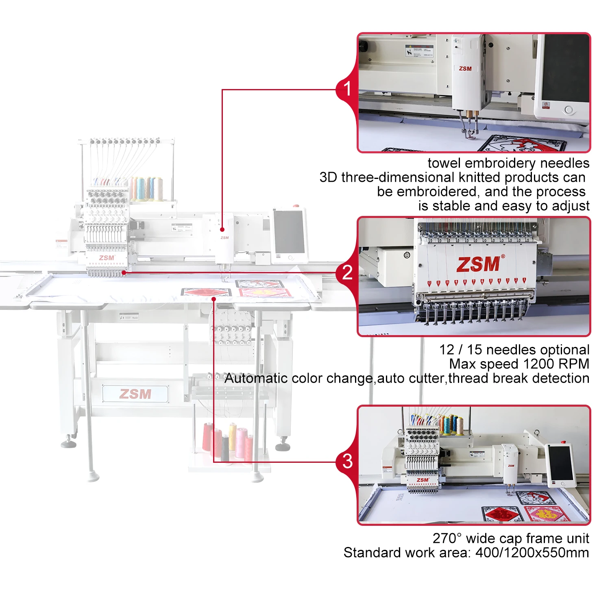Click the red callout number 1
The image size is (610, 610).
click(x=347, y=89)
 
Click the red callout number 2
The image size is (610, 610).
click(x=347, y=272)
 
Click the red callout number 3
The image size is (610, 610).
click(x=347, y=461)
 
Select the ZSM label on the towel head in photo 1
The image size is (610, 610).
click(x=465, y=69)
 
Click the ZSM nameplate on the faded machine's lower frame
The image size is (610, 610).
click(x=135, y=394)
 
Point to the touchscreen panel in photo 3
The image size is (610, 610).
click(x=561, y=463)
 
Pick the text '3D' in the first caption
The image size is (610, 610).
click(x=329, y=177)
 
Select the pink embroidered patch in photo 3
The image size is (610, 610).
click(x=546, y=514)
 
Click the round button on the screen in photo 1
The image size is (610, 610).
click(x=569, y=110)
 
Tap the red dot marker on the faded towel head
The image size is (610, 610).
click(x=222, y=229)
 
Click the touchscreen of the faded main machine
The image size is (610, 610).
click(x=289, y=232)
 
